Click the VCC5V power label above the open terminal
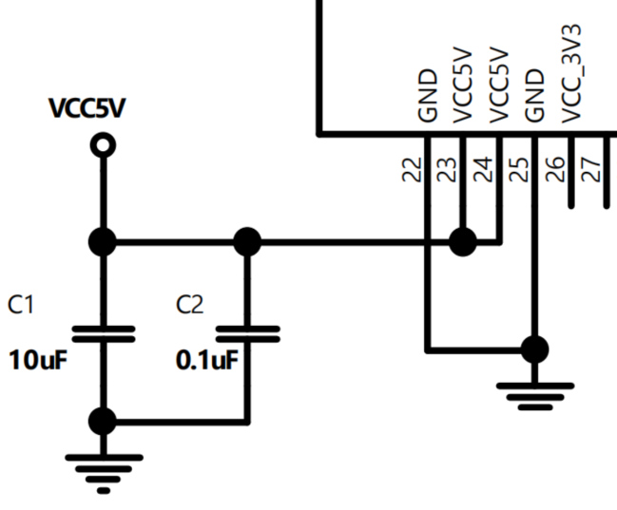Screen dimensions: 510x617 click(x=87, y=109)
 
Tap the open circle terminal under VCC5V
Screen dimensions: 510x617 click(x=102, y=144)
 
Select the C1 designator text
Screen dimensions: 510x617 click(x=22, y=305)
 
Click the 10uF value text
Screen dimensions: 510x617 click(x=38, y=361)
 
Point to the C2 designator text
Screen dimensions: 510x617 click(x=190, y=305)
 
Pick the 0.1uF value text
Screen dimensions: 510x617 click(x=206, y=361)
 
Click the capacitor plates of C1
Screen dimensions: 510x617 click(x=102, y=333)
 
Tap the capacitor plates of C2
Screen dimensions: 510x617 click(x=247, y=333)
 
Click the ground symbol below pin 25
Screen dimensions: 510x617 click(x=535, y=393)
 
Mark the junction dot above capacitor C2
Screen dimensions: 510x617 click(x=247, y=242)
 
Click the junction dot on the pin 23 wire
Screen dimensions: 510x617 click(x=463, y=242)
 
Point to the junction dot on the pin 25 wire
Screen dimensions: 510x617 click(x=535, y=349)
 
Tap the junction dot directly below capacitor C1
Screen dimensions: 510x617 click(x=102, y=421)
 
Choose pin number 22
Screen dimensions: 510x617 click(x=411, y=170)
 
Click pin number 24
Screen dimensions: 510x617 click(x=483, y=170)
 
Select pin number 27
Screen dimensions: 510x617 click(x=590, y=170)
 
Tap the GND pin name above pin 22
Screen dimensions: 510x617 click(x=427, y=95)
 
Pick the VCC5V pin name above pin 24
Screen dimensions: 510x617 click(x=499, y=86)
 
